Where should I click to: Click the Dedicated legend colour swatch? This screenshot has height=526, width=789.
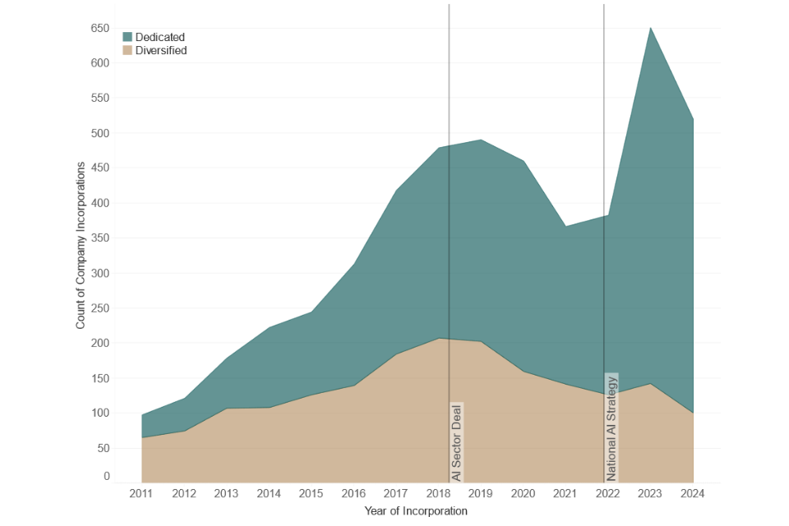pos(127,37)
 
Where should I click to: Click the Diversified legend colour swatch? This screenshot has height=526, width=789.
pos(127,51)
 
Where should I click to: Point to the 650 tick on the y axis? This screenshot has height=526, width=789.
pos(99,29)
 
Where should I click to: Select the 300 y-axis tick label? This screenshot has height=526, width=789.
pos(99,273)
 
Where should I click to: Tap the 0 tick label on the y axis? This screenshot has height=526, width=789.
pos(106,476)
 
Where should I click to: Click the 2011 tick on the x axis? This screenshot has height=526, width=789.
pos(141,494)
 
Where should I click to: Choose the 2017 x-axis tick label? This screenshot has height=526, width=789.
pos(395,494)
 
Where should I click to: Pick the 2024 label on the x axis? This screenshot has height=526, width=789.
pos(693,494)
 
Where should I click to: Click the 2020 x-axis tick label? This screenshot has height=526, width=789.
pos(523,494)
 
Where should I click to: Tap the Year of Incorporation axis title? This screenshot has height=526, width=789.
pos(416,511)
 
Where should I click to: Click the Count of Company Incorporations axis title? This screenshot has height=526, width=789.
pos(81,246)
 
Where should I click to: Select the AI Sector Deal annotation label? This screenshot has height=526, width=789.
pos(457,442)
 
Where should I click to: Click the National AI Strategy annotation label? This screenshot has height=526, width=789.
pos(611,427)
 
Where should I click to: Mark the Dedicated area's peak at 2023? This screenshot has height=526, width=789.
pos(651,28)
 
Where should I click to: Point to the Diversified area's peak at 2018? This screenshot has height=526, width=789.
pos(439,339)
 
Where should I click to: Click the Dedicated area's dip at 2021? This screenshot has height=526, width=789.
pos(565,226)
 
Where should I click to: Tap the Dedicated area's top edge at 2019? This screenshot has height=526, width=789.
pos(481,140)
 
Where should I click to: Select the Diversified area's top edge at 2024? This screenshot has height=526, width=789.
pos(693,413)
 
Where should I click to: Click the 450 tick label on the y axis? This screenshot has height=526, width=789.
pos(99,168)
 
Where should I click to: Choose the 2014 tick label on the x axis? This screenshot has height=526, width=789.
pos(269,494)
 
